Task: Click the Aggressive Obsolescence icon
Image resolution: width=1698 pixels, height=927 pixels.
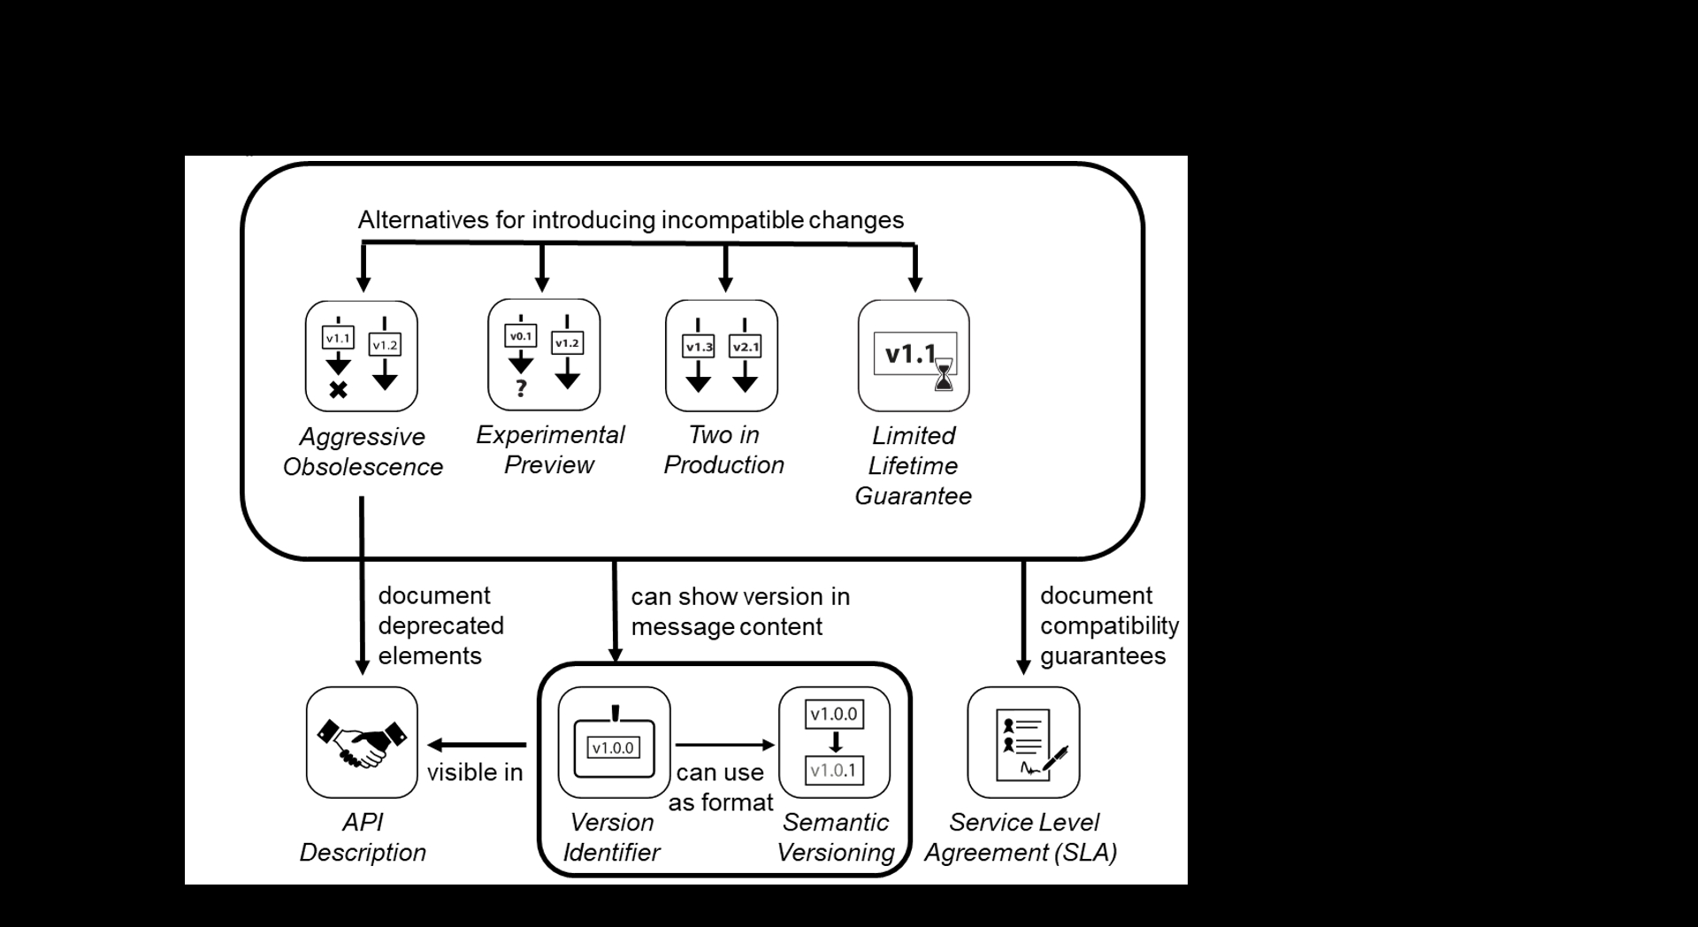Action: click(361, 356)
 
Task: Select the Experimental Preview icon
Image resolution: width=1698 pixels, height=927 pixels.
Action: click(544, 355)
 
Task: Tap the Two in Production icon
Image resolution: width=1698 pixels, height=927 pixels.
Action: click(722, 356)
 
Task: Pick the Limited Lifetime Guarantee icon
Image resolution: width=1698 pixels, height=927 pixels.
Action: click(914, 356)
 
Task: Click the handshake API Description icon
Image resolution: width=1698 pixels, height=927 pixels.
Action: click(362, 742)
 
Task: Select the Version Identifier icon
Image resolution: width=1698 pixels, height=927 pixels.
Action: click(614, 742)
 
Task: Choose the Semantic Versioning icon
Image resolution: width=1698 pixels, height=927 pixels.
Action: click(834, 742)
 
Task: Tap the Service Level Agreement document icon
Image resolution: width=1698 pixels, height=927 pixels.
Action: click(1023, 742)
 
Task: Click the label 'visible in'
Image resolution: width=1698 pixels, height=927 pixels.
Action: click(475, 772)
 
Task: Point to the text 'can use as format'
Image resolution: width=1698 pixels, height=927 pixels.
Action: click(721, 787)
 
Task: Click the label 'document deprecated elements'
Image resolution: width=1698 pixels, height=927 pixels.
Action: click(440, 625)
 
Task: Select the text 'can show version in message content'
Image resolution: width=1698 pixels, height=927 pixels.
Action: click(740, 611)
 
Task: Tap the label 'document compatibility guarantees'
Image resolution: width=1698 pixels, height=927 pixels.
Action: click(1109, 625)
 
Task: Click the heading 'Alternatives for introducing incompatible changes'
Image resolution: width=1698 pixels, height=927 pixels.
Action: click(631, 219)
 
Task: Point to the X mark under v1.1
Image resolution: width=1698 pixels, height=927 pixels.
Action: click(338, 389)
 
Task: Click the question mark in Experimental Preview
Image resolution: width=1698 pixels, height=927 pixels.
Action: click(521, 387)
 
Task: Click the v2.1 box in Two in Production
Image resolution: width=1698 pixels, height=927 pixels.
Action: click(745, 347)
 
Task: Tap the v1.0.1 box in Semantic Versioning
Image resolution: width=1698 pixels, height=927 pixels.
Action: click(834, 770)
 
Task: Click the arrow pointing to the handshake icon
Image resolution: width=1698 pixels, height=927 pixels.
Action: click(477, 745)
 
